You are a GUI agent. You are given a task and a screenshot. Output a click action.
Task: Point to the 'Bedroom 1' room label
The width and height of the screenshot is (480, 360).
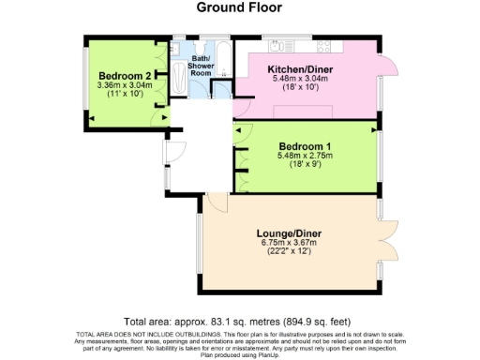pyautogui.click(x=306, y=146)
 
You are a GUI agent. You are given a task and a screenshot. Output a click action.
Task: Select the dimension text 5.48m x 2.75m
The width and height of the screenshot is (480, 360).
pyautogui.click(x=306, y=156)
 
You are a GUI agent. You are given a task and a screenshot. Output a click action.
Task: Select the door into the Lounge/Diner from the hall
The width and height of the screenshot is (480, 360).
pyautogui.click(x=215, y=200)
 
